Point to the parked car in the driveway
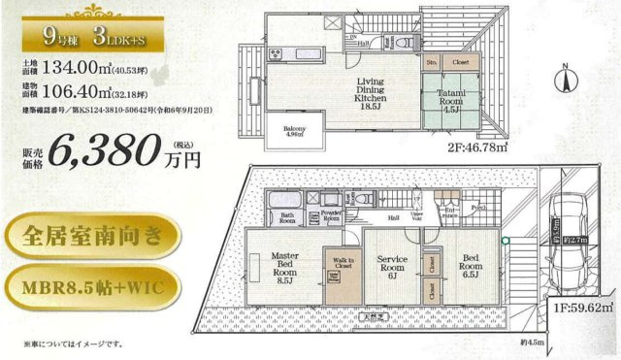[x=568, y=229]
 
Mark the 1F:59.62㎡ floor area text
[x=585, y=309]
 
